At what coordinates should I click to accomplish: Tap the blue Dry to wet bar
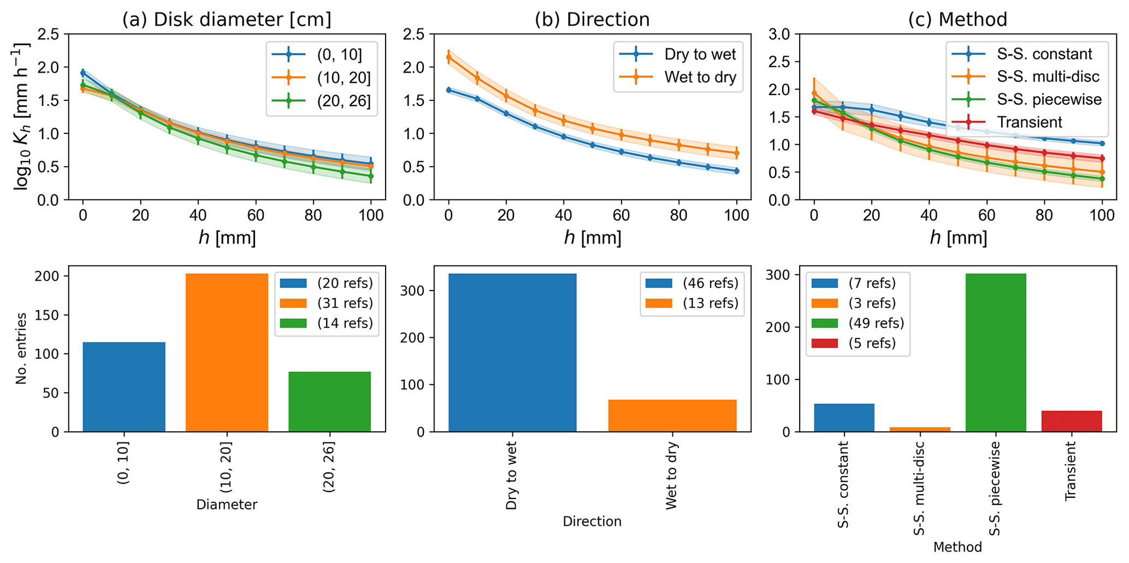512,352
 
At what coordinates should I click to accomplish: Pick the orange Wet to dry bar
672,416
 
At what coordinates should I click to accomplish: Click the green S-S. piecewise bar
995,352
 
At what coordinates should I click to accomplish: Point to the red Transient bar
1071,421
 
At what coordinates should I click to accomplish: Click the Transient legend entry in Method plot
1029,122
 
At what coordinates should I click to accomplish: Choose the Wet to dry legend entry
700,78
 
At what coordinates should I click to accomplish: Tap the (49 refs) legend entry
876,323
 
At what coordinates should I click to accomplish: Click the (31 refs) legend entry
345,303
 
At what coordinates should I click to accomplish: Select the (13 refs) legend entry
710,303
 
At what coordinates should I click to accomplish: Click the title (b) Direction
592,20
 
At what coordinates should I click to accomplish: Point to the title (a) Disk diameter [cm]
227,20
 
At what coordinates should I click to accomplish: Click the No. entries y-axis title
21,348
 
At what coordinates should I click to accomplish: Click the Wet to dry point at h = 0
449,57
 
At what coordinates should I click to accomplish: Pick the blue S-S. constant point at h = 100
1102,144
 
